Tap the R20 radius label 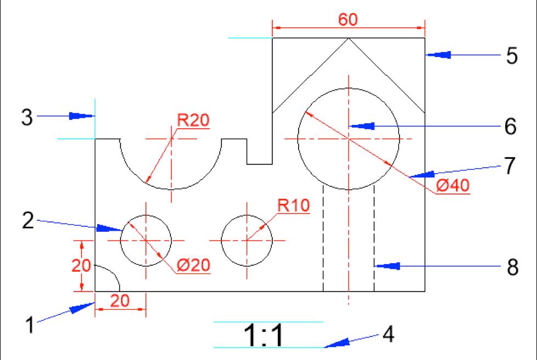tap(193, 120)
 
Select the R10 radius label tap(294, 205)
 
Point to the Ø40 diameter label tap(453, 186)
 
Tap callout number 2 tap(29, 221)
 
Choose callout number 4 tap(388, 334)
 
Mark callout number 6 tap(510, 127)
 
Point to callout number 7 tap(510, 166)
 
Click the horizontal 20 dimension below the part tap(120, 300)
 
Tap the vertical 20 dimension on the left tap(81, 266)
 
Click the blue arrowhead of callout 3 tap(82, 116)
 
